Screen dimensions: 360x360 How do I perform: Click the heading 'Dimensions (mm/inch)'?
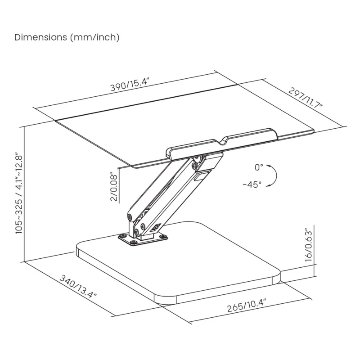[x=67, y=37]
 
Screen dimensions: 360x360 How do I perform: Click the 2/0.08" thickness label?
[x=114, y=187]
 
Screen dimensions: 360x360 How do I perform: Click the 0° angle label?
[x=258, y=167]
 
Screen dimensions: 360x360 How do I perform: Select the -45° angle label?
[x=252, y=184]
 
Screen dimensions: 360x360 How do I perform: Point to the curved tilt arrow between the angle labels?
[x=272, y=175]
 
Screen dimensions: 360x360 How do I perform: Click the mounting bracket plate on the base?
[x=142, y=238]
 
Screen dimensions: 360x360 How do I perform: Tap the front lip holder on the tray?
[x=223, y=142]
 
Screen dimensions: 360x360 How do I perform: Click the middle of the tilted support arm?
[x=166, y=189]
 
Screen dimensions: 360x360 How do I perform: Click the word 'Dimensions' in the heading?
[x=41, y=37]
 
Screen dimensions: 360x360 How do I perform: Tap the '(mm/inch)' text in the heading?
[x=94, y=37]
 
